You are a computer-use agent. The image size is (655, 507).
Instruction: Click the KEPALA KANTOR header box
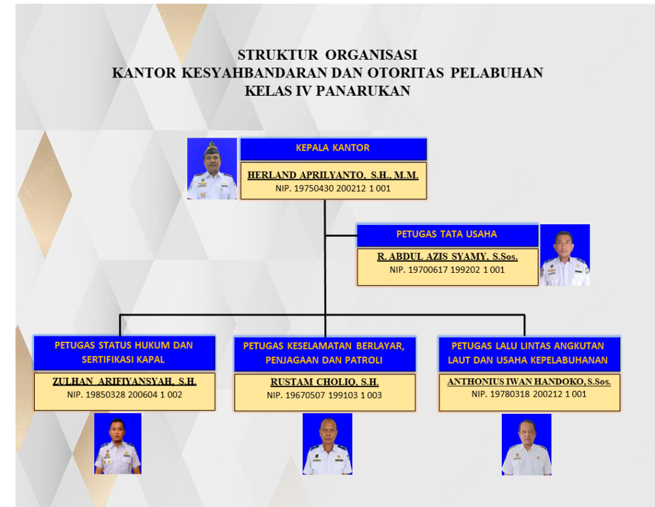click(x=333, y=149)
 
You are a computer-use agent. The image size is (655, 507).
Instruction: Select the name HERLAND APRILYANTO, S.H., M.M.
click(x=333, y=175)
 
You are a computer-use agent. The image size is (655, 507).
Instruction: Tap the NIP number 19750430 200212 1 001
click(x=333, y=189)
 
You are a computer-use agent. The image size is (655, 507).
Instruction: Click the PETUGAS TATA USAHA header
click(x=447, y=235)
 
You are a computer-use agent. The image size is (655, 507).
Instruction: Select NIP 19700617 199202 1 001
click(x=447, y=270)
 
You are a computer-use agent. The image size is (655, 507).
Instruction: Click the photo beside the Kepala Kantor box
click(x=212, y=169)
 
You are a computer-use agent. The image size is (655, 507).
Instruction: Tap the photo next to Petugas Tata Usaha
click(x=565, y=255)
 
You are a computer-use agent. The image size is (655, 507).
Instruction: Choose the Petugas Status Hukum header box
click(x=124, y=353)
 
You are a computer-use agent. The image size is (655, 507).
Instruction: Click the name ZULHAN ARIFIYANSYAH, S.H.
click(x=124, y=382)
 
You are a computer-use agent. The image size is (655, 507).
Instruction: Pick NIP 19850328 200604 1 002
click(x=124, y=394)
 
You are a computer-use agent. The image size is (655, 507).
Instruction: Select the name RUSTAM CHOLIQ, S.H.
click(x=325, y=382)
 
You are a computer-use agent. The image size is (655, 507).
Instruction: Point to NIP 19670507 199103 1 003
click(x=325, y=395)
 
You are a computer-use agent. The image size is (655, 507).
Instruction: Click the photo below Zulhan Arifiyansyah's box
click(x=118, y=443)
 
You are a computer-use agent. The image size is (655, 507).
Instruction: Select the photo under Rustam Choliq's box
click(x=327, y=444)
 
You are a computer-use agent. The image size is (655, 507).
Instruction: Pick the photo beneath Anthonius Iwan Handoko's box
click(x=527, y=444)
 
